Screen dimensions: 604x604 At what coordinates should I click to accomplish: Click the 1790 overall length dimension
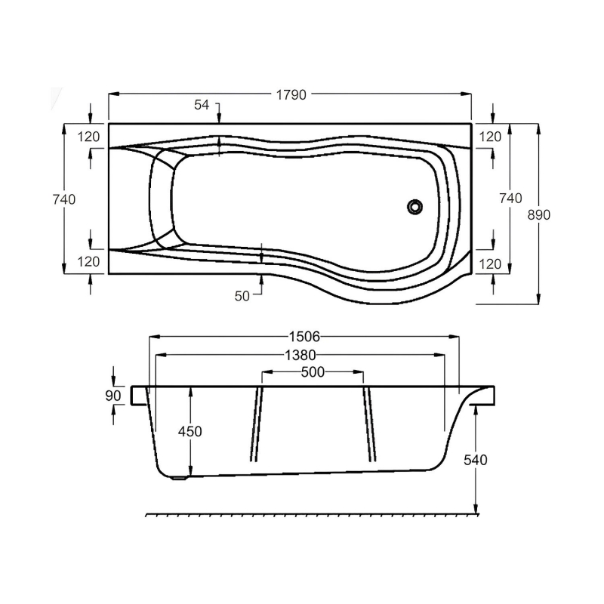point(291,95)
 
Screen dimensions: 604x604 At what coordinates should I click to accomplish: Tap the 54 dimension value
point(202,106)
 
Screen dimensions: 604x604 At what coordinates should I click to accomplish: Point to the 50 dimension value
point(242,296)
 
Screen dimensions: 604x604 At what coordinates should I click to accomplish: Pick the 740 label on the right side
point(511,199)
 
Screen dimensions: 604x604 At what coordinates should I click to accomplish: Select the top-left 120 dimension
point(89,137)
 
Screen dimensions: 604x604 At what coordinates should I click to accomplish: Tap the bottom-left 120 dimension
point(89,263)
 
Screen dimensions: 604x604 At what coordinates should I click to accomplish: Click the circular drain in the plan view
point(414,205)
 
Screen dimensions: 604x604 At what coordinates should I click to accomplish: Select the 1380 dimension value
point(300,355)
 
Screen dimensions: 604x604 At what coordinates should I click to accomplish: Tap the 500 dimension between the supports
point(313,372)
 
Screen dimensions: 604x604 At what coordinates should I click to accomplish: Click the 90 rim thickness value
point(114,396)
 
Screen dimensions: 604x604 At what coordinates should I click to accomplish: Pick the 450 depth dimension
point(190,431)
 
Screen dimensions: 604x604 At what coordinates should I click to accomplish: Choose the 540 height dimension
point(476,460)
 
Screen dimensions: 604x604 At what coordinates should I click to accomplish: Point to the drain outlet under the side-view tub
point(178,476)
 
